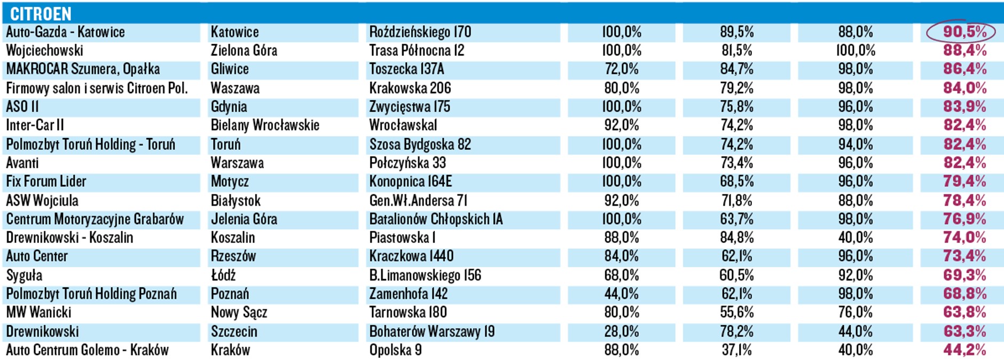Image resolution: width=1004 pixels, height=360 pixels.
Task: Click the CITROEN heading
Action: coord(41,13)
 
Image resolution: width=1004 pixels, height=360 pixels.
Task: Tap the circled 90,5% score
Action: coord(964,32)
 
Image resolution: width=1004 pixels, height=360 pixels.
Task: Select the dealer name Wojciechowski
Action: coord(45,51)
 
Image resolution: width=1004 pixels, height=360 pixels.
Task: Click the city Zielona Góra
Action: coord(244,51)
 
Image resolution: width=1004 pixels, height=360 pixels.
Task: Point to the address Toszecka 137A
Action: coord(406,69)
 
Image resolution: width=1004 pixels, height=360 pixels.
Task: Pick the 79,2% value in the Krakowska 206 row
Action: coord(736,88)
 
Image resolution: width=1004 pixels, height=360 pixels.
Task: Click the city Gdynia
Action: coord(229,107)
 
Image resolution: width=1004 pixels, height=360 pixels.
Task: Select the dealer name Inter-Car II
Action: coord(35,126)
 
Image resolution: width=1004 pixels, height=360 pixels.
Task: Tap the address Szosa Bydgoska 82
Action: coord(420,144)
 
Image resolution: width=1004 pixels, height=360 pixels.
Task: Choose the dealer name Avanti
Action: coord(22,163)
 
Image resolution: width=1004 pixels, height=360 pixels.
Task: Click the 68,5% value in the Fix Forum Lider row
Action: coord(736,182)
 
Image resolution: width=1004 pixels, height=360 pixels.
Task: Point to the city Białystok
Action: coord(236,201)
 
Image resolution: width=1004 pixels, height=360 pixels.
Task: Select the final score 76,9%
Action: coord(964,220)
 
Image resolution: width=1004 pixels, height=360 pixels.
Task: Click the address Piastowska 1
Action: coord(402,238)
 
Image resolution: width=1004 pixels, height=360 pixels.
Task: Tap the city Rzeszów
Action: coord(233,256)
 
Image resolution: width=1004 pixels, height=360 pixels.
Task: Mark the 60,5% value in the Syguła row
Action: coord(736,276)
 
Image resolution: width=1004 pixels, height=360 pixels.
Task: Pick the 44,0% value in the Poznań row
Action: coord(621,294)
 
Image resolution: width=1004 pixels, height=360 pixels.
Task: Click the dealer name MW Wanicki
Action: coord(38,312)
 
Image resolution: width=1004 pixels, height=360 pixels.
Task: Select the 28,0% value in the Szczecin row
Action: coord(621,332)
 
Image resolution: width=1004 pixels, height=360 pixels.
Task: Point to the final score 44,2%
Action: coord(964,350)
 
